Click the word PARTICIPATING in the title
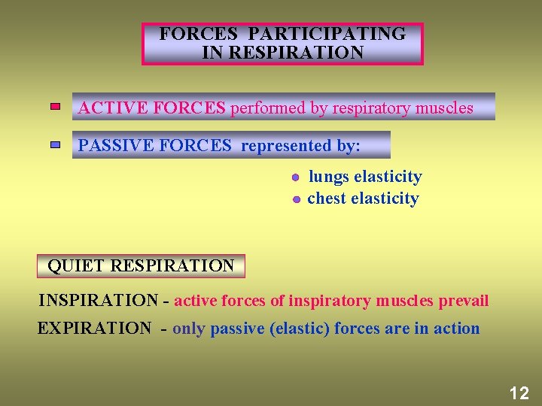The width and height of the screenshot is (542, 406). coord(327,34)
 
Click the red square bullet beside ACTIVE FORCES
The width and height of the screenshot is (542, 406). coord(56,108)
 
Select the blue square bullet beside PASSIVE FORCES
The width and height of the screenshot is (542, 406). coord(56,144)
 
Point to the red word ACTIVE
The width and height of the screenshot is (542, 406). coord(113,108)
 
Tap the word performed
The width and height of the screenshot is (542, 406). coord(268,108)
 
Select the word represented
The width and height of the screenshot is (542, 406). coord(285,145)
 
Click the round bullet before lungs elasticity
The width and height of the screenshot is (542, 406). coord(296,177)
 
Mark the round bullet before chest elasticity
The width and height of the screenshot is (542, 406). coord(297,199)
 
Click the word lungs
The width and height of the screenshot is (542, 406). coord(329,177)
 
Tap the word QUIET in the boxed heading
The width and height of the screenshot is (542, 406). coord(76,265)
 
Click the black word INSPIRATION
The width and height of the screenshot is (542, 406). coord(98,301)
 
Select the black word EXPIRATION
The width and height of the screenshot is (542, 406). coord(94,329)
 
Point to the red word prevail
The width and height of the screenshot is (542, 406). coord(463,301)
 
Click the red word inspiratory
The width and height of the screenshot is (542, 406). coord(331,301)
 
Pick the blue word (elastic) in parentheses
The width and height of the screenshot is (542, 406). coord(300,329)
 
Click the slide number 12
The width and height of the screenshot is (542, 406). coord(519,392)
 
